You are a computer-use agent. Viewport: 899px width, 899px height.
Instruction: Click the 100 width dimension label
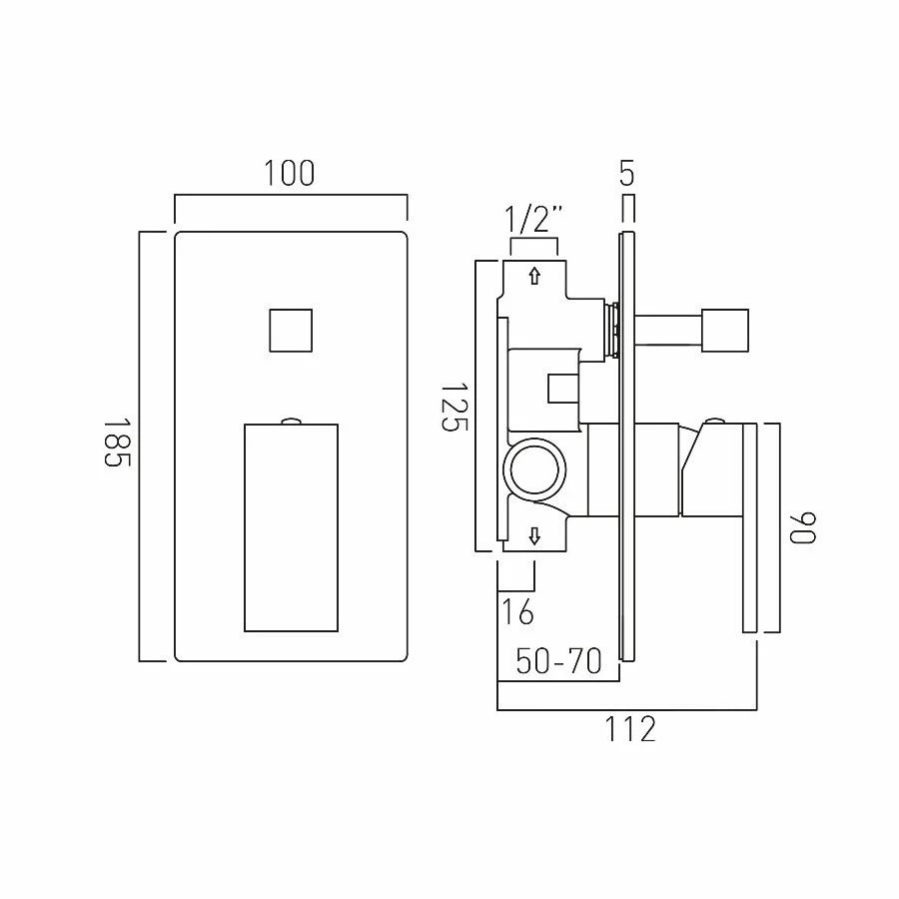[290, 173]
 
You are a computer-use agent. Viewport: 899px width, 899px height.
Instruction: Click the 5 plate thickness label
[626, 174]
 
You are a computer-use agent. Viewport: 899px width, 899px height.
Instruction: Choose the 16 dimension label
[517, 610]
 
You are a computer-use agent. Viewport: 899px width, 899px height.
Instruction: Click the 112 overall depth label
[629, 729]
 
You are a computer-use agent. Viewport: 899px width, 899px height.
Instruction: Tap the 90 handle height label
[802, 527]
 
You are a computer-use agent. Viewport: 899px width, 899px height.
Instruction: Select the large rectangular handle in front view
[291, 526]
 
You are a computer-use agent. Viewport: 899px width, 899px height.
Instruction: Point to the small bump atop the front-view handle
[291, 420]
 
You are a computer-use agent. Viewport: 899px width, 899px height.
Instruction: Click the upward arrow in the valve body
[534, 276]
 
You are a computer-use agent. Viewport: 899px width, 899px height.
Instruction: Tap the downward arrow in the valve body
[534, 537]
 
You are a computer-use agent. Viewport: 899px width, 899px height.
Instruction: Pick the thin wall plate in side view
[626, 446]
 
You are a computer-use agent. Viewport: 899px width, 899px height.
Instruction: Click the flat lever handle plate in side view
[749, 527]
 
